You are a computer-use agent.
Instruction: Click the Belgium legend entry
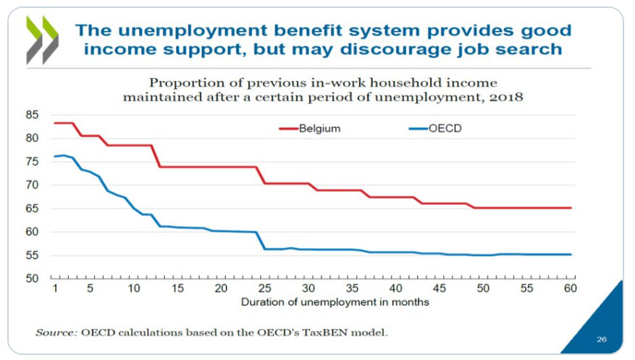(x=311, y=129)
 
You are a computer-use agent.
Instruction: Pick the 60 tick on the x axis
(x=570, y=288)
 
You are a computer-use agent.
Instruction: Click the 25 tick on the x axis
(x=265, y=288)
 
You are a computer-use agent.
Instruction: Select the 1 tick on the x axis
(x=54, y=288)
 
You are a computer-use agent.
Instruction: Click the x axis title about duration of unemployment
(x=335, y=301)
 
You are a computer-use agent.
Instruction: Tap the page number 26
(x=602, y=338)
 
